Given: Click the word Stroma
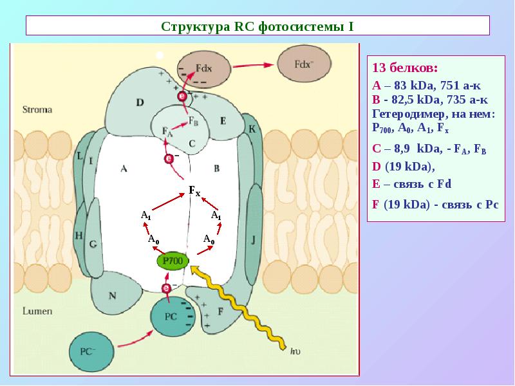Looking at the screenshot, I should point(37,109).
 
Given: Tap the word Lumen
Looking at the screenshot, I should point(37,311).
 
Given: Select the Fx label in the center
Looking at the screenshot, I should point(194,190).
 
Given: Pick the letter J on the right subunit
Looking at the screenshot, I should point(254,239).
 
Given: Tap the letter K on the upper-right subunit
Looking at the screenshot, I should point(252,129).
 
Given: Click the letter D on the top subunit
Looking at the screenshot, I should point(140,102).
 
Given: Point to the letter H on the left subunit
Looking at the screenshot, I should point(79,235).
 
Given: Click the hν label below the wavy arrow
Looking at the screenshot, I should point(297,351).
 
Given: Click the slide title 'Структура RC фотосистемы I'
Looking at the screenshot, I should point(257,27).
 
